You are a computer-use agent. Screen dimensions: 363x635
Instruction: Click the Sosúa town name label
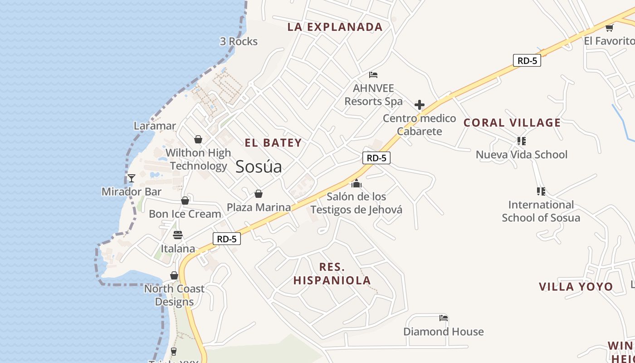pyautogui.click(x=259, y=167)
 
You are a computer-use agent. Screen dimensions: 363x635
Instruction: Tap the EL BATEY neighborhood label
pyautogui.click(x=273, y=143)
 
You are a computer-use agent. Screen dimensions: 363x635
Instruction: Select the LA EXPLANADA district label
pyautogui.click(x=335, y=27)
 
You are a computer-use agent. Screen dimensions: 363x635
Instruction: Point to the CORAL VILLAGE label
pyautogui.click(x=512, y=123)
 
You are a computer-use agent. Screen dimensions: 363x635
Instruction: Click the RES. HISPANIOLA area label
pyautogui.click(x=332, y=274)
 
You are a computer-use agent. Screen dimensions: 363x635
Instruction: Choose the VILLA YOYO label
pyautogui.click(x=576, y=287)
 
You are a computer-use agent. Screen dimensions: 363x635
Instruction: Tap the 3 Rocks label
pyautogui.click(x=239, y=41)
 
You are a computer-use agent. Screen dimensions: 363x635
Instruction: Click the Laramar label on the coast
pyautogui.click(x=155, y=126)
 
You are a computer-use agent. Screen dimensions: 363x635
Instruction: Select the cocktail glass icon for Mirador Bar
pyautogui.click(x=132, y=178)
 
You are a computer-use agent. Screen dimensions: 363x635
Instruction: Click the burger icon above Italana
pyautogui.click(x=178, y=235)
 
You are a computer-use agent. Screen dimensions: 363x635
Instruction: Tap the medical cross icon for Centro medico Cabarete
pyautogui.click(x=420, y=105)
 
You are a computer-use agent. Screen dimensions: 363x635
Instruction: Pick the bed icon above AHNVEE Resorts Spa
pyautogui.click(x=373, y=75)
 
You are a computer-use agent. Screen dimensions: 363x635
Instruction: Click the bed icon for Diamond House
pyautogui.click(x=444, y=318)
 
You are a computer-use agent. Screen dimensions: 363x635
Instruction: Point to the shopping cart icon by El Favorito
pyautogui.click(x=609, y=28)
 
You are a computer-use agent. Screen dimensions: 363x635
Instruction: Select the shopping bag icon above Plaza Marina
pyautogui.click(x=259, y=194)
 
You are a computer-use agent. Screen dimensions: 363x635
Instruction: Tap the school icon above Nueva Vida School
pyautogui.click(x=522, y=141)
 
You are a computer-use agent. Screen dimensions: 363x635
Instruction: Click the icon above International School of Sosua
pyautogui.click(x=541, y=191)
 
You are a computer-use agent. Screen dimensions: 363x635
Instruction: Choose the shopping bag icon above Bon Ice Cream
pyautogui.click(x=185, y=201)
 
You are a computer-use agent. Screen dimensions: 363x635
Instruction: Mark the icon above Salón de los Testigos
pyautogui.click(x=357, y=183)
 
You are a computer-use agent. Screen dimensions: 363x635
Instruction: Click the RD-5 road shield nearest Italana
pyautogui.click(x=226, y=239)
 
